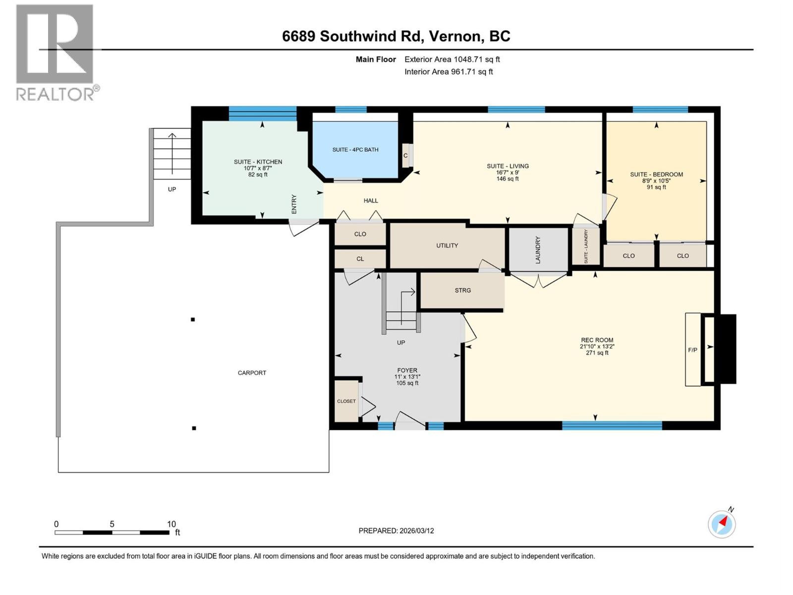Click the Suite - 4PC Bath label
pos(355,150)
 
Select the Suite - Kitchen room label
pos(258,162)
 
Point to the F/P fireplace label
pos(692,350)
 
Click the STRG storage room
pos(462,291)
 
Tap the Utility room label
pos(447,245)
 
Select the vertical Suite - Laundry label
pos(586,246)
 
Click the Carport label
pos(252,373)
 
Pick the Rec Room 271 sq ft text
pos(597,353)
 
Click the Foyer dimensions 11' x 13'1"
pos(407,377)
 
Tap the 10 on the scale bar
pos(171,524)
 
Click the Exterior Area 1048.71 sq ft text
pos(452,59)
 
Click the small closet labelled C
pos(405,156)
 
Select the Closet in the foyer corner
pos(346,401)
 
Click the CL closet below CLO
pos(360,259)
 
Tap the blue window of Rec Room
pos(612,425)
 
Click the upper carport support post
pos(193,320)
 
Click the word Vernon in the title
pos(455,36)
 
